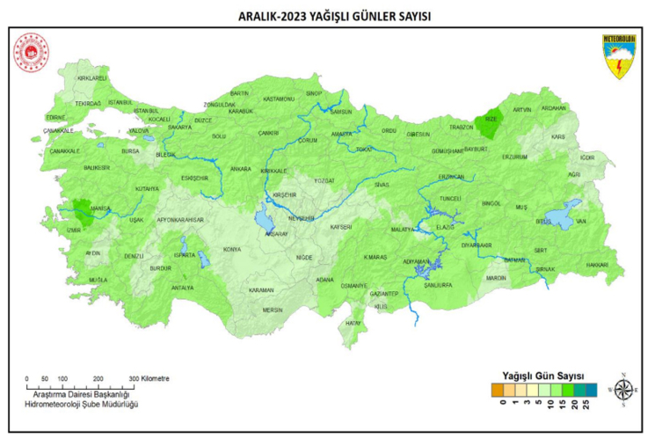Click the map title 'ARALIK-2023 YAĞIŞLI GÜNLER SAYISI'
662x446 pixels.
point(330,16)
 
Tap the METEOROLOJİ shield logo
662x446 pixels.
point(620,56)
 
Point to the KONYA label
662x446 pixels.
point(232,250)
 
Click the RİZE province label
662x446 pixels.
point(491,120)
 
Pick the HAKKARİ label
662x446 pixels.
point(596,264)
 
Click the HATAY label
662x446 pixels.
point(353,323)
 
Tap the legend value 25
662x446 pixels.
point(585,406)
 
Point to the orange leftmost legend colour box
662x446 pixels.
point(498,388)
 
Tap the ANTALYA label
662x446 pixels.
point(182,288)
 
